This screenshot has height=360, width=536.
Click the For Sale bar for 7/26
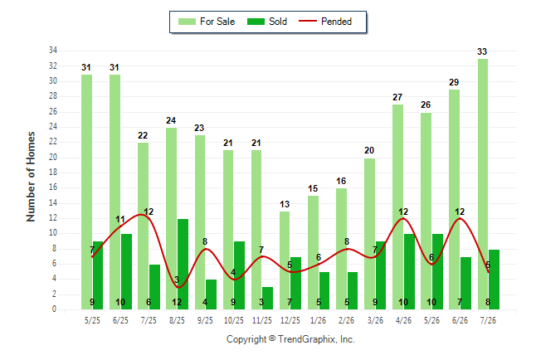(x=483, y=184)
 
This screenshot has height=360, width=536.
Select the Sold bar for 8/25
(x=183, y=265)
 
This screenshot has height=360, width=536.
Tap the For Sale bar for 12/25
(x=285, y=260)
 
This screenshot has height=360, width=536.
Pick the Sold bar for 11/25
(x=267, y=299)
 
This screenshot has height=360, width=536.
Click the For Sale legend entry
(x=207, y=22)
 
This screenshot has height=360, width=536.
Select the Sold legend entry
(x=267, y=22)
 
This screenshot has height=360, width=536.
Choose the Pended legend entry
(x=325, y=22)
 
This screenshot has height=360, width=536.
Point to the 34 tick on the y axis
(x=53, y=51)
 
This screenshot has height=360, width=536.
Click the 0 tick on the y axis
(x=54, y=309)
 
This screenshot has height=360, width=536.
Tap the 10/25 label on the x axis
(x=234, y=321)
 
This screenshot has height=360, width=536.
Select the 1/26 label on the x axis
(x=319, y=321)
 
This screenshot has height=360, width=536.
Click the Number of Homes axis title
(x=31, y=177)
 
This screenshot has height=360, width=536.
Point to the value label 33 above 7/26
(x=482, y=51)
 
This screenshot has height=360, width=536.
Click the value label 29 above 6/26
(x=454, y=82)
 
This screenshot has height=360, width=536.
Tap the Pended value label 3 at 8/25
(x=177, y=280)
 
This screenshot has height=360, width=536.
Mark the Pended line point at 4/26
(x=403, y=218)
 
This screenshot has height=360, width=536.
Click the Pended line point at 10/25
(x=234, y=280)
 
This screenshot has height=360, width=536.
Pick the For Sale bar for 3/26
(x=369, y=234)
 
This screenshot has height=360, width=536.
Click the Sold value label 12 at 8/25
(x=177, y=302)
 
